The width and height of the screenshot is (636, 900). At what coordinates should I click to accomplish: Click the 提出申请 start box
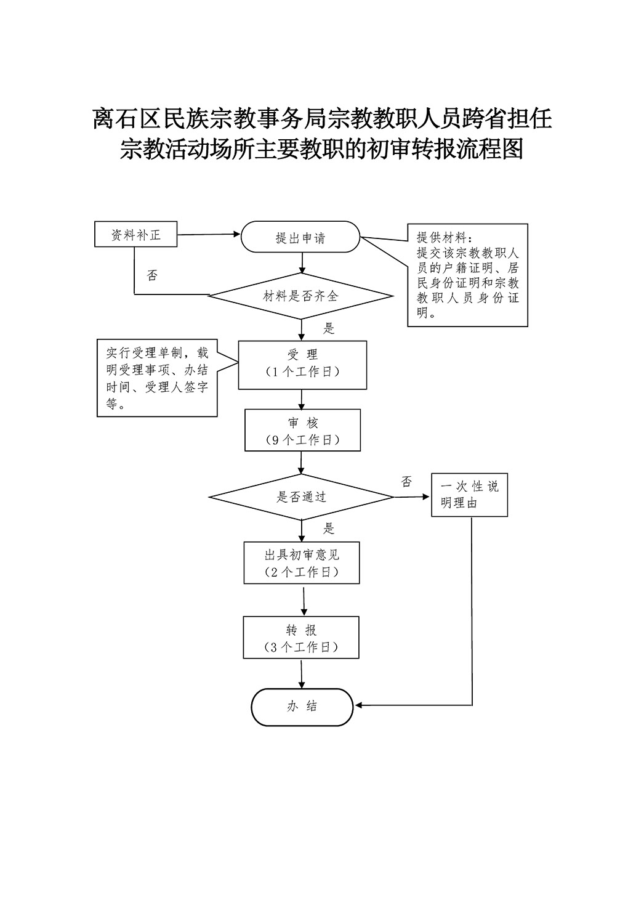[x=300, y=237]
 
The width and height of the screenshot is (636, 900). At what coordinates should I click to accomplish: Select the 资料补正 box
[x=135, y=234]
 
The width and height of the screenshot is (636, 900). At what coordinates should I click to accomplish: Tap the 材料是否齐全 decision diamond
[x=300, y=296]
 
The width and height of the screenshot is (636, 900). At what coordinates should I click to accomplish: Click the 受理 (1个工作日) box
[x=302, y=365]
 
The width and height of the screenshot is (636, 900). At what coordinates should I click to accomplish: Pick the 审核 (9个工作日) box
[x=302, y=430]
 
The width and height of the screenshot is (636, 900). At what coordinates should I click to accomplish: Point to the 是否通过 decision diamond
[x=300, y=497]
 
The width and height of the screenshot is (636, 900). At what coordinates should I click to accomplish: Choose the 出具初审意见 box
[x=302, y=562]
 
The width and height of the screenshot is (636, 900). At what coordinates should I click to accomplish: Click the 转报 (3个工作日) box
[x=300, y=637]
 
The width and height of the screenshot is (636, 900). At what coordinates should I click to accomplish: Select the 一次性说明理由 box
[x=469, y=495]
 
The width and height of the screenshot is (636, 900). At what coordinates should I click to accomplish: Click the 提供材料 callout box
[x=467, y=275]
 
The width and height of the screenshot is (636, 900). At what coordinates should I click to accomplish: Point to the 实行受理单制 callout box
[x=157, y=378]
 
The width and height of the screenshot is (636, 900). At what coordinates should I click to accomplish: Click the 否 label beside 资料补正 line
[x=152, y=275]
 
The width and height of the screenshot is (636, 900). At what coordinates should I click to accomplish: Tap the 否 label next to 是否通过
[x=406, y=481]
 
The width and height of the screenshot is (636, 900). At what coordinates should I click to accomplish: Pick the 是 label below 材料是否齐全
[x=329, y=328]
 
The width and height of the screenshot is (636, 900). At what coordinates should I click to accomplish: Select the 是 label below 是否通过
[x=329, y=529]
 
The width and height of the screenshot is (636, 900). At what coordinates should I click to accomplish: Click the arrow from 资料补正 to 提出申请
[x=209, y=234]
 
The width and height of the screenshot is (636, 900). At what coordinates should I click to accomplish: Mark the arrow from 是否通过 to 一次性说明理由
[x=412, y=497]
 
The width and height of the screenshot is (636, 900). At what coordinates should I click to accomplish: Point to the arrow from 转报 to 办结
[x=302, y=674]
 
